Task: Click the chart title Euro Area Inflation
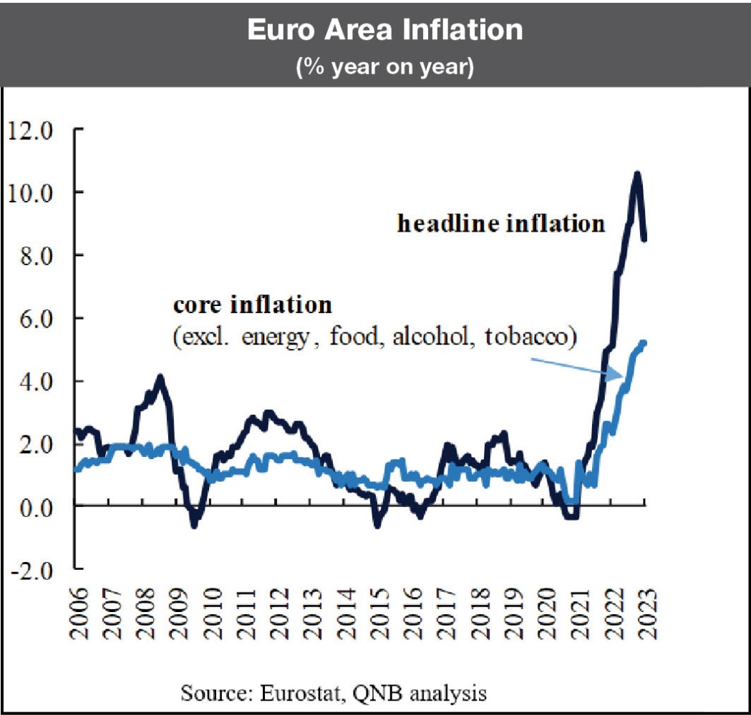[x=384, y=31]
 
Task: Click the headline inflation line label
[x=501, y=224]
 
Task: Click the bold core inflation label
[x=253, y=305]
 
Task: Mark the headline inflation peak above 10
[x=636, y=174]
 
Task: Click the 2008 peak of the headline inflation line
[x=160, y=377]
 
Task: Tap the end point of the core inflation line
[x=644, y=342]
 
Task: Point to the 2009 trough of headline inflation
[x=193, y=524]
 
